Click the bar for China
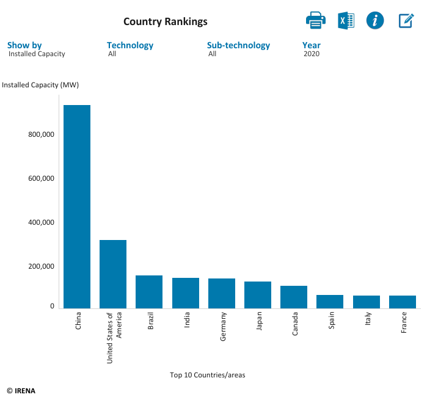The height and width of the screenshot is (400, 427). pyautogui.click(x=77, y=206)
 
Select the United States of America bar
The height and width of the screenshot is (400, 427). pyautogui.click(x=113, y=274)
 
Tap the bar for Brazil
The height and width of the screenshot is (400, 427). pyautogui.click(x=149, y=292)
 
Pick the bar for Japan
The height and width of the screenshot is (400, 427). pyautogui.click(x=258, y=295)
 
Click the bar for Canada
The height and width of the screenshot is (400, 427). pyautogui.click(x=294, y=297)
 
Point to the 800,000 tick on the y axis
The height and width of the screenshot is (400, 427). pyautogui.click(x=42, y=135)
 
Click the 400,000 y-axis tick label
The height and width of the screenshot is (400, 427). pyautogui.click(x=42, y=223)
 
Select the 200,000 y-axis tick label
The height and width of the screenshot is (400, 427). pyautogui.click(x=42, y=267)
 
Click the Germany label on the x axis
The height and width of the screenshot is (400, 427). pyautogui.click(x=223, y=326)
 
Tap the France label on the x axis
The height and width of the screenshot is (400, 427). pyautogui.click(x=404, y=323)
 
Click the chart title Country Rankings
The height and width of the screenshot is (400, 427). pyautogui.click(x=166, y=22)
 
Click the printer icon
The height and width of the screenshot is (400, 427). pyautogui.click(x=316, y=20)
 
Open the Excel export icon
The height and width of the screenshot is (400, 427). pyautogui.click(x=346, y=20)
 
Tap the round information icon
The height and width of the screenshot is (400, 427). pyautogui.click(x=375, y=20)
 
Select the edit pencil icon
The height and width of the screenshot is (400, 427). pyautogui.click(x=406, y=20)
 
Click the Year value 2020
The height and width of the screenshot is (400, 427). pyautogui.click(x=312, y=54)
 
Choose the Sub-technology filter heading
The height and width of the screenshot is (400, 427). pyautogui.click(x=238, y=45)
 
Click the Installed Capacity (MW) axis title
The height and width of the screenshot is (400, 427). pyautogui.click(x=40, y=85)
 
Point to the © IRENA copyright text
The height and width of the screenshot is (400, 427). pyautogui.click(x=21, y=391)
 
